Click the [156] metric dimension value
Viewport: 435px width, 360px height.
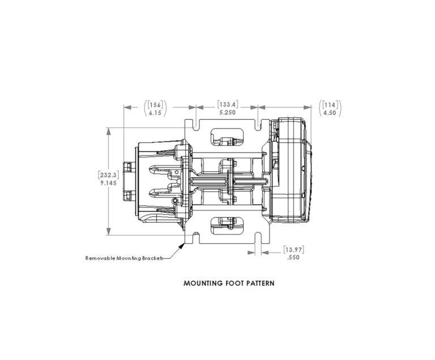click(x=155, y=105)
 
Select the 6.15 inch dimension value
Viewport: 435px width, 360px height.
click(x=155, y=113)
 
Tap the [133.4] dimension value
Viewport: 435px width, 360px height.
click(x=228, y=104)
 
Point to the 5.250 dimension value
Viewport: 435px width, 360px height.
click(x=228, y=112)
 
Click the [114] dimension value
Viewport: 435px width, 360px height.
click(x=330, y=105)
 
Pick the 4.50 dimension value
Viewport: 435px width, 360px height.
click(x=330, y=113)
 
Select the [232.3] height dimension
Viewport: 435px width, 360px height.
click(x=109, y=175)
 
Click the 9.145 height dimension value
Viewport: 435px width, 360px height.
click(x=109, y=183)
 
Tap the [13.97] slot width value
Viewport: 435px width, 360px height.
click(x=293, y=249)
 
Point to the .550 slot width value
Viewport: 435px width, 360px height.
click(x=293, y=257)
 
